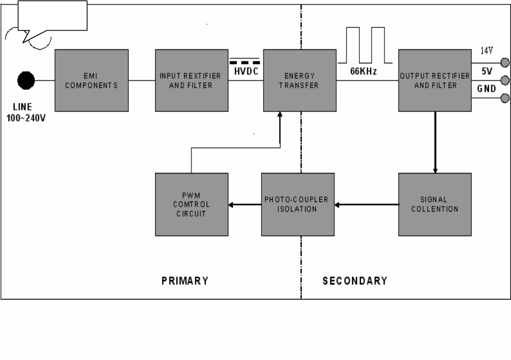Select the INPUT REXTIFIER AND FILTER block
point(192,81)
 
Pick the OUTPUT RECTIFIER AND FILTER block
point(435,81)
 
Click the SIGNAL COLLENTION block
point(435,204)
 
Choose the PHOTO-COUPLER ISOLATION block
point(297,204)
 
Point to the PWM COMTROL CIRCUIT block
point(191,204)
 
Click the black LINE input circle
point(26,81)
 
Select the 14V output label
point(486,51)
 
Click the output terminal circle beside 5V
point(504,80)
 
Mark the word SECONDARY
point(354,280)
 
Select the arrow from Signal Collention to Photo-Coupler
point(366,204)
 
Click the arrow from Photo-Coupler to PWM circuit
point(245,204)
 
